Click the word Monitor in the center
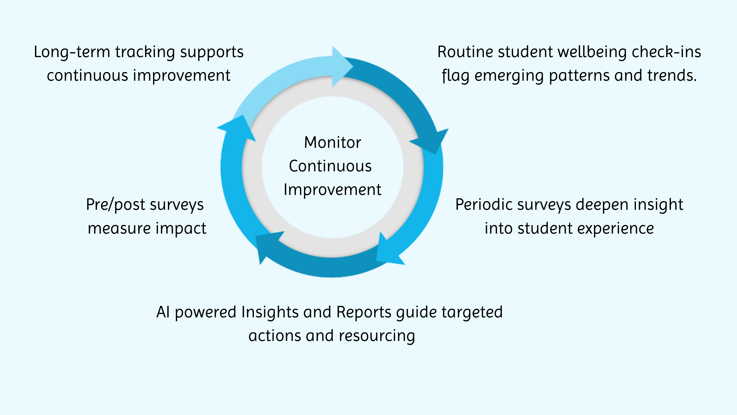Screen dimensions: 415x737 [x=332, y=142]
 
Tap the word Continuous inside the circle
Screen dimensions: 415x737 [x=330, y=166]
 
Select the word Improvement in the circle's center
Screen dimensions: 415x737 [x=332, y=190]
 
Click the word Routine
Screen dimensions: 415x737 [x=465, y=52]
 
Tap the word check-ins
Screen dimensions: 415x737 [x=666, y=52]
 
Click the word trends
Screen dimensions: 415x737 [x=671, y=76]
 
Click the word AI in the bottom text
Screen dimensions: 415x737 [x=163, y=312]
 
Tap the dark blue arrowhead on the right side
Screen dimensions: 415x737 [x=432, y=140]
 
